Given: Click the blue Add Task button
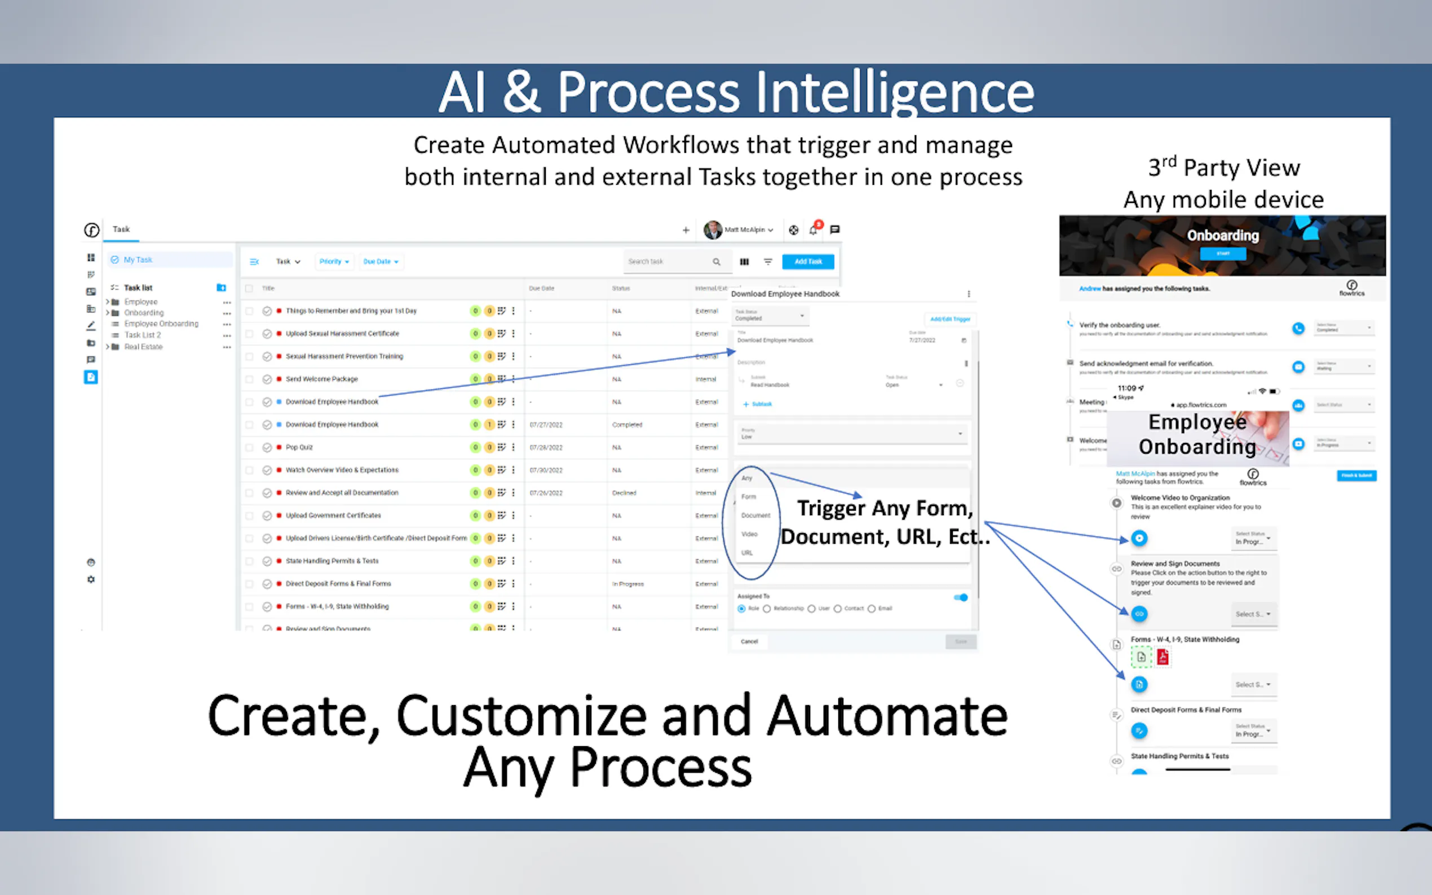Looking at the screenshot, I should (x=807, y=262).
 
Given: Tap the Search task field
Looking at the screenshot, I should (x=666, y=262).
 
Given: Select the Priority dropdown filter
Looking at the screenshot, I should (x=334, y=262).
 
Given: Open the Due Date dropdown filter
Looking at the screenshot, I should (x=380, y=262).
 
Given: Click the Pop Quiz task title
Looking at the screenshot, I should (x=299, y=448).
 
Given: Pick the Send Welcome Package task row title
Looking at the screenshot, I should (x=321, y=379).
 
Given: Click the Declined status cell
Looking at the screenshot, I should (x=624, y=493).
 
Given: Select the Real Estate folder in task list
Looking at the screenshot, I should (x=143, y=347).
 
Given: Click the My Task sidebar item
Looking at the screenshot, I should (x=138, y=260).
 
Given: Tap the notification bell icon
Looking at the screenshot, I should (x=814, y=231).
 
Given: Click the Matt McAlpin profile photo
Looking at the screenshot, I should (x=712, y=230).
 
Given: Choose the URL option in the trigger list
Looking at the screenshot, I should (x=747, y=553).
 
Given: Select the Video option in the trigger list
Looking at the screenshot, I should (x=749, y=534).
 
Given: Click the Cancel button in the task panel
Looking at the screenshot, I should (x=749, y=641).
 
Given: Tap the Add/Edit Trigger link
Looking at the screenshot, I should (x=949, y=319).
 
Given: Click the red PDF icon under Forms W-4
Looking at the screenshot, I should (x=1163, y=657).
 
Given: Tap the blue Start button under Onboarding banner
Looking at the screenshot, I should (x=1222, y=254).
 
